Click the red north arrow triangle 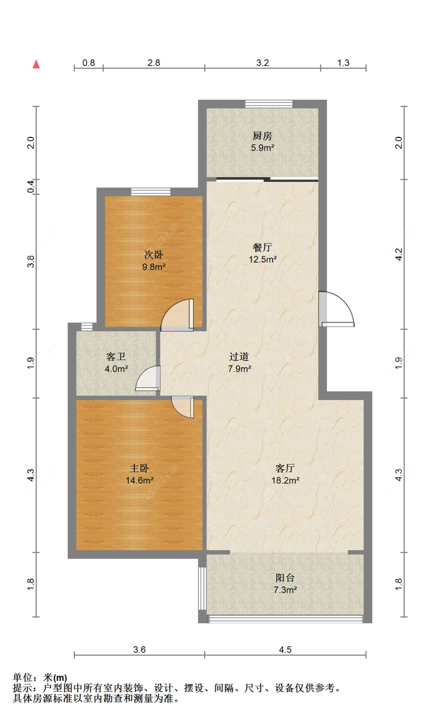click(x=36, y=64)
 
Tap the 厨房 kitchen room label click(x=262, y=136)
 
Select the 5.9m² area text click(x=262, y=148)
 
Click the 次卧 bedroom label click(x=154, y=255)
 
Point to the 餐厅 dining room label click(x=262, y=247)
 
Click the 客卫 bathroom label click(x=116, y=356)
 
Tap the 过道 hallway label click(x=239, y=356)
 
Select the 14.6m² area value click(x=140, y=480)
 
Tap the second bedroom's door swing click(x=177, y=315)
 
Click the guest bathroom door click(x=148, y=378)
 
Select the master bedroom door click(x=183, y=407)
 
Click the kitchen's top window click(x=269, y=104)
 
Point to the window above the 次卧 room click(x=151, y=192)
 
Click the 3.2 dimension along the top click(x=262, y=63)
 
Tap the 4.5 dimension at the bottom click(x=285, y=649)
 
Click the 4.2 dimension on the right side click(x=399, y=255)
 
